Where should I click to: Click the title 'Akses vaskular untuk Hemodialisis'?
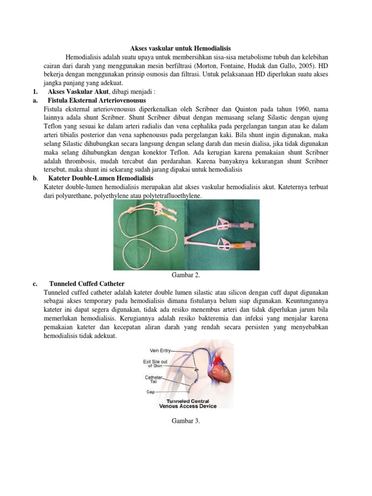point(181,48)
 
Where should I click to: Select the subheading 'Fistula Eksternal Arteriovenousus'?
point(97,101)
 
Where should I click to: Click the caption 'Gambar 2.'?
point(186,275)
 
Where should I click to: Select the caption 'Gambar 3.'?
point(186,421)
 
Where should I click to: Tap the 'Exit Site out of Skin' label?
point(155,363)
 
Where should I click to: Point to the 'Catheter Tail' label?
point(154,379)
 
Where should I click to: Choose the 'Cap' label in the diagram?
point(151,392)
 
